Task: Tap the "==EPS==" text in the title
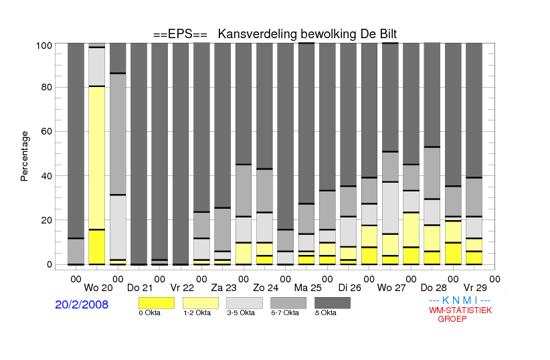click(180, 34)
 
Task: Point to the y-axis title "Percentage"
click(24, 156)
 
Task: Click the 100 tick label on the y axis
click(44, 46)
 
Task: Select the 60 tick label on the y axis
click(47, 131)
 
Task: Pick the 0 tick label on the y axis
click(50, 264)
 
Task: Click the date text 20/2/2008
click(82, 304)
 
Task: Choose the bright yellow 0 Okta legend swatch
click(157, 303)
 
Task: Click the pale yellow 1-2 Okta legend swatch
click(201, 303)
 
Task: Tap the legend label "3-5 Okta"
click(241, 312)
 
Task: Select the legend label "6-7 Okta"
click(285, 312)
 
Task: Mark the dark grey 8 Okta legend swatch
click(333, 303)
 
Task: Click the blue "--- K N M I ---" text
click(460, 300)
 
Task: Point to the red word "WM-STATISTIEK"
click(460, 310)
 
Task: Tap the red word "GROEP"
click(452, 319)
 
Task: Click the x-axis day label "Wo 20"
click(98, 288)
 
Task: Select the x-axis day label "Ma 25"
click(308, 288)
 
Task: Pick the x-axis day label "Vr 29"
click(475, 288)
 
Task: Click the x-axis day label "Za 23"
click(223, 288)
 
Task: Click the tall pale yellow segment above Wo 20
click(97, 158)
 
